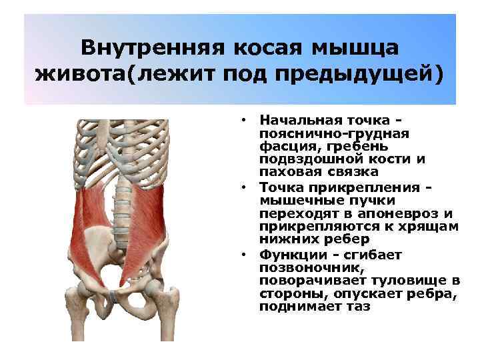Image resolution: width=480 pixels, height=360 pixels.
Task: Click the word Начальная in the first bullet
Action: coord(297,120)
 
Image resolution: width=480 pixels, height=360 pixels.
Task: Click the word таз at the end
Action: coord(357,307)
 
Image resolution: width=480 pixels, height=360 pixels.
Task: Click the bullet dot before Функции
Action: coord(245,254)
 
